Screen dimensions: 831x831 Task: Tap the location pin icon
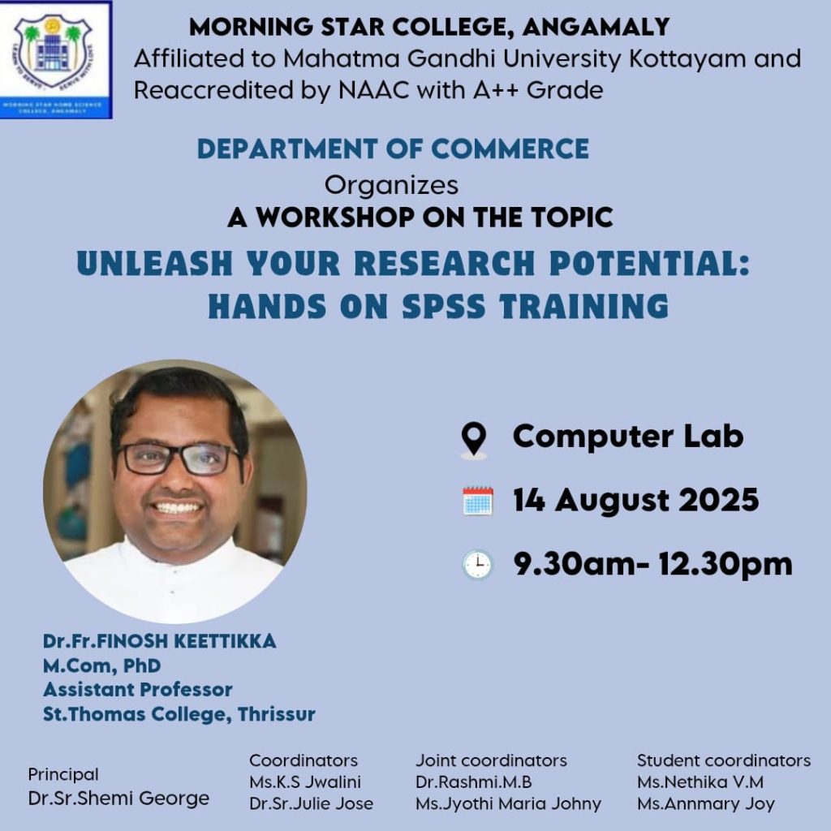(474, 439)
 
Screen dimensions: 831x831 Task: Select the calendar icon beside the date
(477, 501)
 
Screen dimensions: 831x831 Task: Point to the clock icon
(477, 565)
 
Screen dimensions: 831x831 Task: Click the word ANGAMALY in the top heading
(596, 28)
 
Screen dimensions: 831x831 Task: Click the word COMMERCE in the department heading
(510, 149)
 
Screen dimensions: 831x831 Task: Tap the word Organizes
(391, 186)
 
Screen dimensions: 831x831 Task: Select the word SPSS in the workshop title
(444, 306)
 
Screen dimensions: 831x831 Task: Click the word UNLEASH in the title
(155, 264)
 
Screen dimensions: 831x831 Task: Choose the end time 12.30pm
(726, 564)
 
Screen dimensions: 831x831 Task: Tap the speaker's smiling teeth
(178, 508)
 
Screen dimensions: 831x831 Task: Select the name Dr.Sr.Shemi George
(118, 799)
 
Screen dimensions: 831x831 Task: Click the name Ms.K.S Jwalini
(305, 781)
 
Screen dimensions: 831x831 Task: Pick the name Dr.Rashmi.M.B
(474, 781)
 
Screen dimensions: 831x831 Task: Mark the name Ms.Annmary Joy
(706, 804)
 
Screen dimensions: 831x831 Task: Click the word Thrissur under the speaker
(277, 714)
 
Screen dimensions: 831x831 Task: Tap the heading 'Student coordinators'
(724, 760)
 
